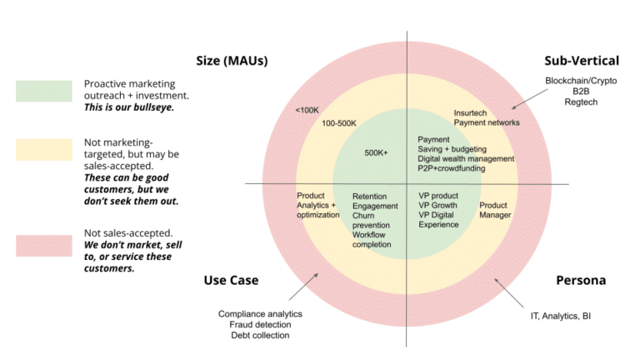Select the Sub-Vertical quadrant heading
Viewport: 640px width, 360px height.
point(582,61)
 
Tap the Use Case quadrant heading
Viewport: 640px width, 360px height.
point(231,281)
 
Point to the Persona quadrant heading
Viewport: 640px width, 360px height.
point(580,281)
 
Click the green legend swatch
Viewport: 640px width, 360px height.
point(43,91)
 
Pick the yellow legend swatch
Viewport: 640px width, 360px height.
point(43,150)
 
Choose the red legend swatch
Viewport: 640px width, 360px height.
point(43,245)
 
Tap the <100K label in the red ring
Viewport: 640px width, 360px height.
point(307,109)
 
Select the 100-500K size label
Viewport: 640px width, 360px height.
point(339,123)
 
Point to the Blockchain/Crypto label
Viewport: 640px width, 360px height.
point(581,81)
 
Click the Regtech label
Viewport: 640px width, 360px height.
point(581,102)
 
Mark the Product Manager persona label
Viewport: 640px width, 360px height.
point(495,210)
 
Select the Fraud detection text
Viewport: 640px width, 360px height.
point(260,324)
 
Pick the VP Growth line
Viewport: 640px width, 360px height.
point(439,205)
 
